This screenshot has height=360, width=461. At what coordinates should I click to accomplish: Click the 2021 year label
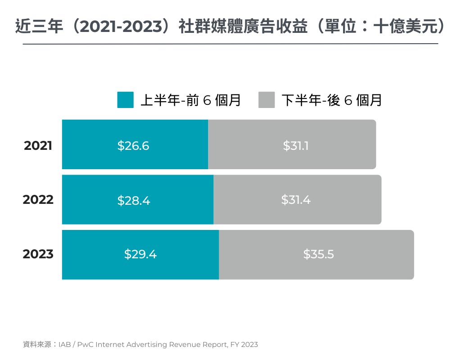pyautogui.click(x=38, y=146)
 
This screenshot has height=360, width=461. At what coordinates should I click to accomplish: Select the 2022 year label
pyautogui.click(x=38, y=199)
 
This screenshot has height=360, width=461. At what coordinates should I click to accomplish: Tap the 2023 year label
pyautogui.click(x=38, y=254)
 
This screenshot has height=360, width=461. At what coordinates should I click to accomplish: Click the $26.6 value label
pyautogui.click(x=133, y=146)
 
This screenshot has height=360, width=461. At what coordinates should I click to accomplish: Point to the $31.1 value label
pyautogui.click(x=296, y=146)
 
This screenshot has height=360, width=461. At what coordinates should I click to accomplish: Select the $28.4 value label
pyautogui.click(x=134, y=201)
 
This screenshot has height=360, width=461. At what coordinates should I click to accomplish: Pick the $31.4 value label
pyautogui.click(x=296, y=200)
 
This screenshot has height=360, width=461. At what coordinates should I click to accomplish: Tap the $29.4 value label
pyautogui.click(x=140, y=254)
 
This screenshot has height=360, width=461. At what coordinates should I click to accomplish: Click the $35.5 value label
pyautogui.click(x=318, y=254)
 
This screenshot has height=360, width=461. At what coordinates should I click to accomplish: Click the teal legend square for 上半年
pyautogui.click(x=126, y=100)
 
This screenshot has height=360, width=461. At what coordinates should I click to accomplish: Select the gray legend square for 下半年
pyautogui.click(x=267, y=100)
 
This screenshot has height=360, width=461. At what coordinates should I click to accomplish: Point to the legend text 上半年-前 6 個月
pyautogui.click(x=191, y=100)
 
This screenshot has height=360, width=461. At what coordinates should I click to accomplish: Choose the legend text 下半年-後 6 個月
pyautogui.click(x=332, y=100)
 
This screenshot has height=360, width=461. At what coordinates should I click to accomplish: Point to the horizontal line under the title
pyautogui.click(x=230, y=44)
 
